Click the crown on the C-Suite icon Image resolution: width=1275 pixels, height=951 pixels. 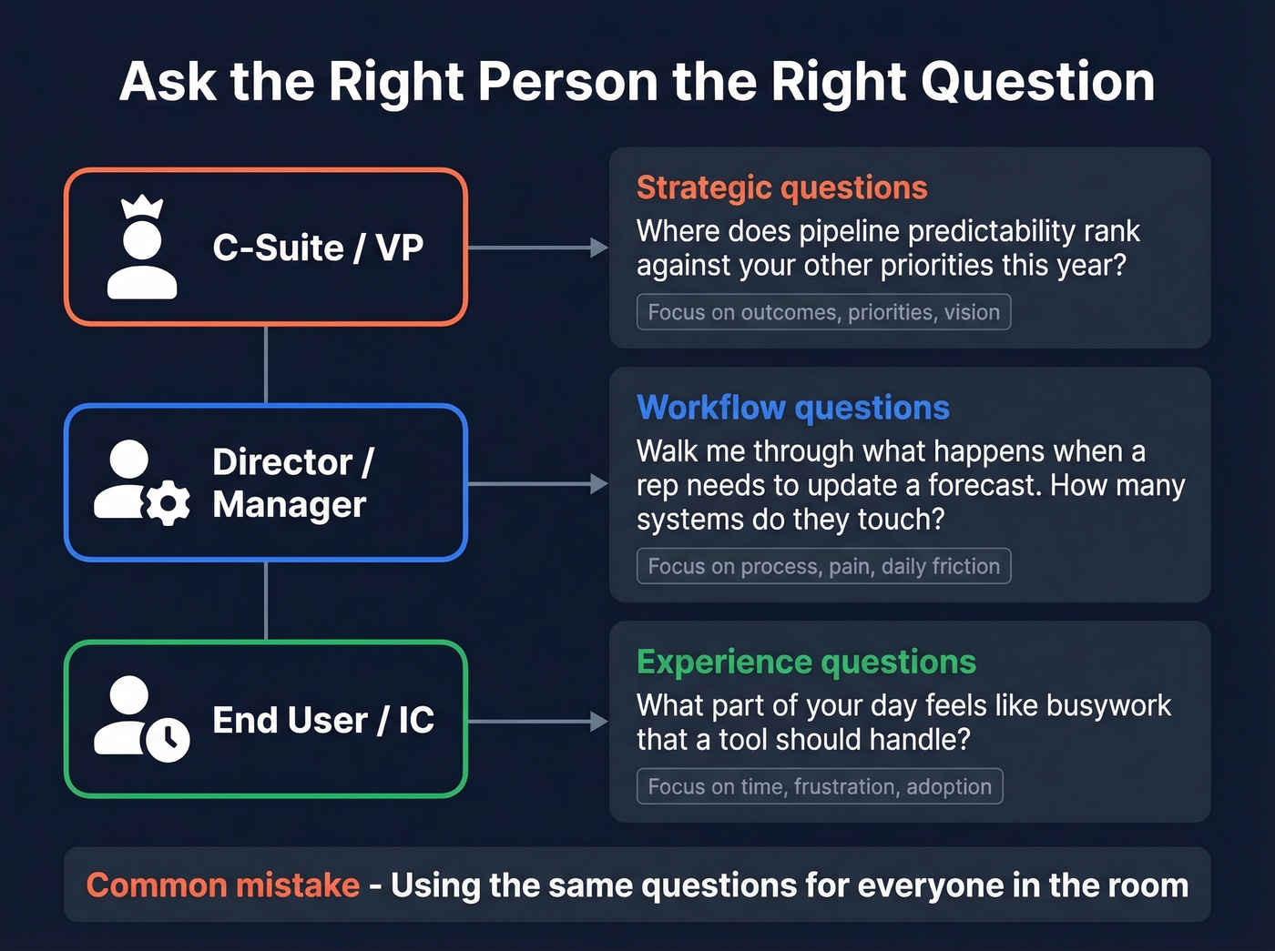pyautogui.click(x=142, y=207)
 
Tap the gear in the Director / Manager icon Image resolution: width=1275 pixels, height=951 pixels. pyautogui.click(x=168, y=502)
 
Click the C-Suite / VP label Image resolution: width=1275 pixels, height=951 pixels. pyautogui.click(x=318, y=248)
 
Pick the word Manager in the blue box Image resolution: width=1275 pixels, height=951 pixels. pyautogui.click(x=290, y=504)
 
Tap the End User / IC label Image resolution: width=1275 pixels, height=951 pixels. pyautogui.click(x=323, y=720)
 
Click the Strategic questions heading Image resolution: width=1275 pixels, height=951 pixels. pyautogui.click(x=781, y=187)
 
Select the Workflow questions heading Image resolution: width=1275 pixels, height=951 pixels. pyautogui.click(x=792, y=408)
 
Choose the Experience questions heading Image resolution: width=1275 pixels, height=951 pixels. pyautogui.click(x=806, y=662)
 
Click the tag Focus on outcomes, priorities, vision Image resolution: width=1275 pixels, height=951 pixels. pyautogui.click(x=823, y=312)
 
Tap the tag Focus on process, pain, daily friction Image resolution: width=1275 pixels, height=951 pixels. pyautogui.click(x=823, y=566)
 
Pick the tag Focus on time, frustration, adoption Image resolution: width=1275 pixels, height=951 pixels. pyautogui.click(x=820, y=786)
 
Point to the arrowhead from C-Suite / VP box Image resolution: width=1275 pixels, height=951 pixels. pyautogui.click(x=598, y=248)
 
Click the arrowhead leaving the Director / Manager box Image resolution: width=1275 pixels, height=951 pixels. pyautogui.click(x=598, y=484)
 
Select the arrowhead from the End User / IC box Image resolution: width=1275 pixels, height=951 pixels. pyautogui.click(x=598, y=722)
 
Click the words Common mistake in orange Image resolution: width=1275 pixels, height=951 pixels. pyautogui.click(x=223, y=885)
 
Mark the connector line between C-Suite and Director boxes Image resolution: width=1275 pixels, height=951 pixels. pyautogui.click(x=266, y=364)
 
